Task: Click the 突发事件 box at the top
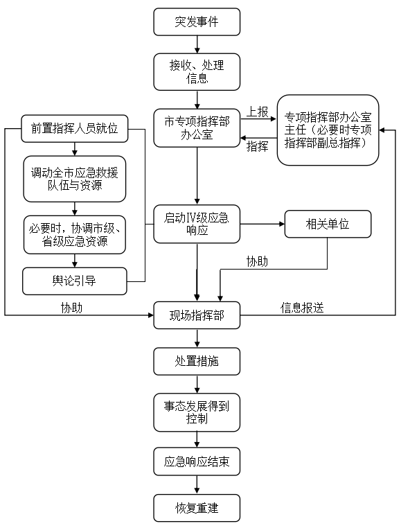pyautogui.click(x=197, y=22)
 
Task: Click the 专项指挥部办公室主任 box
pyautogui.click(x=328, y=130)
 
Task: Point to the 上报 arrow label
pyautogui.click(x=258, y=112)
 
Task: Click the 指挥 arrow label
pyautogui.click(x=258, y=146)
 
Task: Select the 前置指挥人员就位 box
pyautogui.click(x=75, y=128)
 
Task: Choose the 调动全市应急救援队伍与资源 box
pyautogui.click(x=75, y=179)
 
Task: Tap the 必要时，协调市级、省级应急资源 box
pyautogui.click(x=75, y=234)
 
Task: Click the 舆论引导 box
pyautogui.click(x=75, y=281)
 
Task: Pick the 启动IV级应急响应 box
pyautogui.click(x=197, y=224)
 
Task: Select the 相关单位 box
pyautogui.click(x=327, y=224)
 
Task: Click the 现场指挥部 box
pyautogui.click(x=197, y=315)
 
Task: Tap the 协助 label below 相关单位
pyautogui.click(x=258, y=261)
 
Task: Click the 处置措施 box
pyautogui.click(x=197, y=361)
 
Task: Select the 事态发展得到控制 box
pyautogui.click(x=197, y=412)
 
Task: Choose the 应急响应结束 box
pyautogui.click(x=197, y=461)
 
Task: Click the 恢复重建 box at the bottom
pyautogui.click(x=197, y=507)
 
